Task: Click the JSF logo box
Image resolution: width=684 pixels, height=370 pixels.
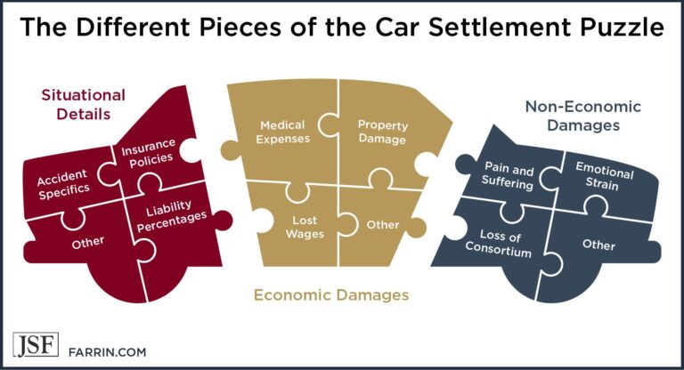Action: (x=36, y=345)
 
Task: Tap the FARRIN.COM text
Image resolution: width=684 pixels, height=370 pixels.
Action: (x=107, y=352)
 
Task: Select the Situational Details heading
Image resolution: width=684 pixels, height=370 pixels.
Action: (x=84, y=105)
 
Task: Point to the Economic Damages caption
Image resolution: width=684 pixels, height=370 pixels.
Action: (x=331, y=295)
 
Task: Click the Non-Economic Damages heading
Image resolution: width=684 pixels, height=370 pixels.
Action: (x=583, y=116)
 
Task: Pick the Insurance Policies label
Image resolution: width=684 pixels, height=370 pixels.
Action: (x=150, y=153)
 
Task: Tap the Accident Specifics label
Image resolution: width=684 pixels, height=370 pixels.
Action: (x=63, y=184)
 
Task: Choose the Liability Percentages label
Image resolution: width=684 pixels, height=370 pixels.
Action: (x=171, y=216)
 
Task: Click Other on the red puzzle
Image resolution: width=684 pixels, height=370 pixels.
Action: (x=88, y=242)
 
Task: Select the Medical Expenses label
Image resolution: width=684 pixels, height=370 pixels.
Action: (x=282, y=132)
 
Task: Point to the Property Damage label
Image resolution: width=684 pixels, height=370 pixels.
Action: (x=383, y=132)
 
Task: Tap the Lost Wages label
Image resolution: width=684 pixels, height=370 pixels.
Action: (x=305, y=227)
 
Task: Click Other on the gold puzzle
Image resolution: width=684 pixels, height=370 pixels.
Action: (x=383, y=225)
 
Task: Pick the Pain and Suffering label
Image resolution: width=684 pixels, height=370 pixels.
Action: (x=509, y=175)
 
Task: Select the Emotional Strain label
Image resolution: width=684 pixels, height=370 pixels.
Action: (x=603, y=176)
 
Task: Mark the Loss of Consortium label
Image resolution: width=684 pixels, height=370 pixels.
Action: (x=499, y=244)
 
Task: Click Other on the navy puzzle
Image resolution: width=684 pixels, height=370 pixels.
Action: (x=598, y=245)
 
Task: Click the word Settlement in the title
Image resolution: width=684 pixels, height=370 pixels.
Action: (x=500, y=27)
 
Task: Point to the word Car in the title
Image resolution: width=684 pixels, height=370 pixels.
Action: (x=399, y=27)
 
